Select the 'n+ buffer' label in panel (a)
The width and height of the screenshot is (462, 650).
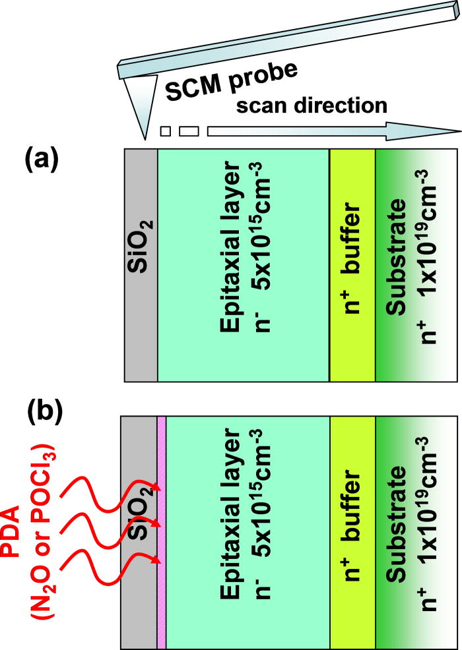[x=352, y=264]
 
